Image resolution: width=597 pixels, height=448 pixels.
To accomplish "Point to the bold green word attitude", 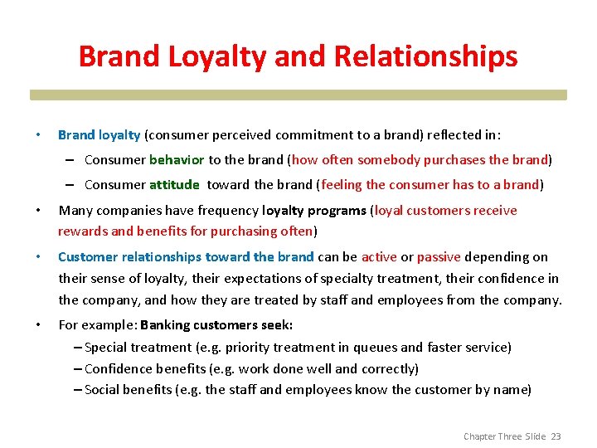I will (x=174, y=185).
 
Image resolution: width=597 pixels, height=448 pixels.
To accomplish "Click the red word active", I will (x=379, y=257).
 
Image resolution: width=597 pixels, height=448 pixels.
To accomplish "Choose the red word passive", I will (x=439, y=257).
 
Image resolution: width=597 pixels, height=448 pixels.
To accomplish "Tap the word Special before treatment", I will (x=108, y=348).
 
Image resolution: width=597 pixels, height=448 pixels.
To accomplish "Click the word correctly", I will (x=388, y=368).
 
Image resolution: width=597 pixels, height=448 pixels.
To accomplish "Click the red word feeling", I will (x=341, y=185).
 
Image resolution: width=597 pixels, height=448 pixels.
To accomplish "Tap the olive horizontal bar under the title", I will (x=298, y=95).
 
